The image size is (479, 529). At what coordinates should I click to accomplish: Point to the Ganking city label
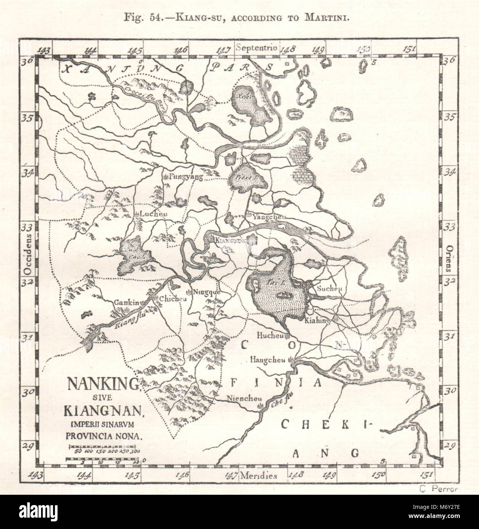(x=128, y=303)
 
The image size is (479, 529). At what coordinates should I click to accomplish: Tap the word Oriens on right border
(x=448, y=258)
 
